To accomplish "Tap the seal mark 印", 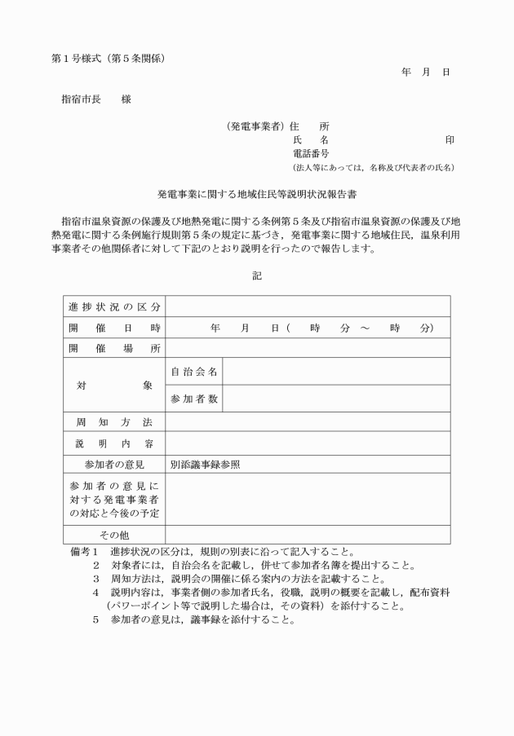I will pyautogui.click(x=449, y=139).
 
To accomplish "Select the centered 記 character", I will pyautogui.click(x=257, y=275).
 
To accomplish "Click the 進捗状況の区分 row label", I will pyautogui.click(x=114, y=307).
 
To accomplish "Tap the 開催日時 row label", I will pyautogui.click(x=114, y=328).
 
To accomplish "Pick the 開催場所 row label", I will pyautogui.click(x=114, y=348).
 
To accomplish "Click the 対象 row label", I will pyautogui.click(x=114, y=385).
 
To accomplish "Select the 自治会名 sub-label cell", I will pyautogui.click(x=193, y=372).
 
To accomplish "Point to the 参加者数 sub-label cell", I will pyautogui.click(x=193, y=399).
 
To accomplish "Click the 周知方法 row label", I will pyautogui.click(x=114, y=422).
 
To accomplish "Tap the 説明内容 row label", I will pyautogui.click(x=114, y=444).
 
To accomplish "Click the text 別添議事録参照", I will pyautogui.click(x=205, y=465).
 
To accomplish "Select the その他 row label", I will pyautogui.click(x=114, y=535).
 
